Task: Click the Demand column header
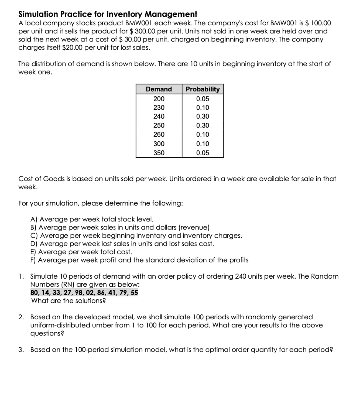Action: pyautogui.click(x=159, y=89)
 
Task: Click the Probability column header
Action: pyautogui.click(x=202, y=89)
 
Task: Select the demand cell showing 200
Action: pyautogui.click(x=159, y=98)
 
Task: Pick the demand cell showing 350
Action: pyautogui.click(x=159, y=153)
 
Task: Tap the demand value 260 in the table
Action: pyautogui.click(x=159, y=134)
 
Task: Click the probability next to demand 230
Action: pyautogui.click(x=202, y=107)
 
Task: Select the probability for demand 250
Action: pyautogui.click(x=202, y=125)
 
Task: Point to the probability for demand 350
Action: pyautogui.click(x=202, y=153)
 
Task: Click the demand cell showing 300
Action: pyautogui.click(x=159, y=144)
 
